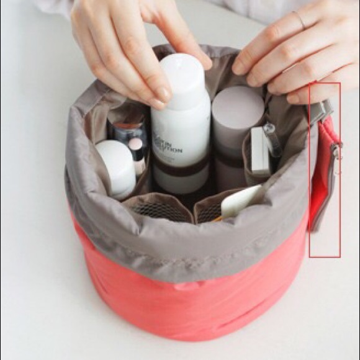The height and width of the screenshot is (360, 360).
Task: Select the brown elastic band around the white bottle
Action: [x=181, y=166]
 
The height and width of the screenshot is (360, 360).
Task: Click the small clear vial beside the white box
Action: [x=272, y=139]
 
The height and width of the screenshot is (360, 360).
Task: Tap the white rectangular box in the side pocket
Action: [x=259, y=152]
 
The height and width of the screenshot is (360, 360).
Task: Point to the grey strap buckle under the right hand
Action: [x=318, y=112]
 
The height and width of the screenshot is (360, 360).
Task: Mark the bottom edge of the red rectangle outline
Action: [x=325, y=256]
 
